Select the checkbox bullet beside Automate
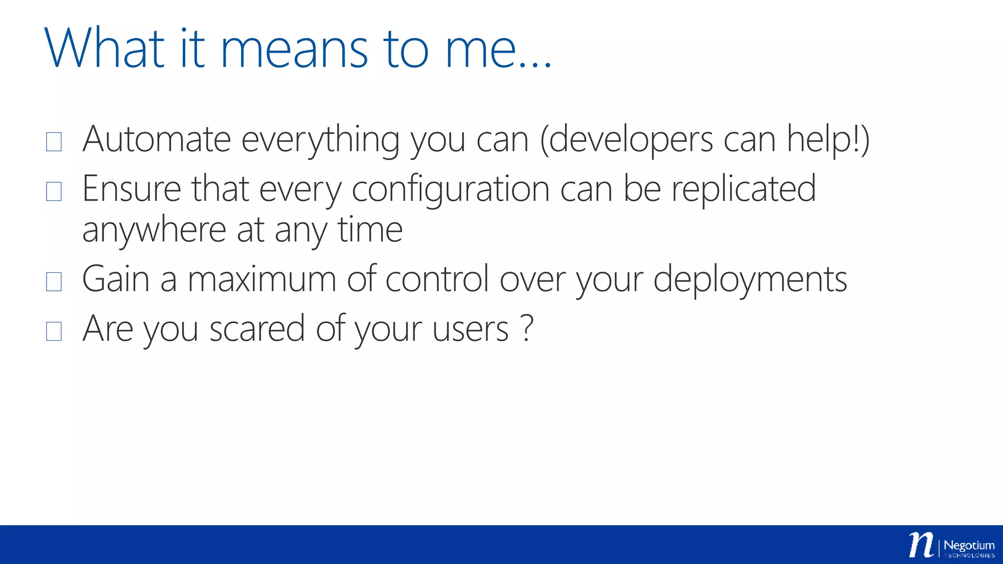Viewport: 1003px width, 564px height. pyautogui.click(x=54, y=141)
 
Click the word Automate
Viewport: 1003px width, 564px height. pyautogui.click(x=156, y=140)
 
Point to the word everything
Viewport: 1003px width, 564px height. pyautogui.click(x=320, y=141)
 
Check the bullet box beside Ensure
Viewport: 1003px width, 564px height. pyautogui.click(x=54, y=191)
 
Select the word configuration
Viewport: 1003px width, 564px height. pyautogui.click(x=451, y=190)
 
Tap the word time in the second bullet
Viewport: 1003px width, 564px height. pyautogui.click(x=370, y=230)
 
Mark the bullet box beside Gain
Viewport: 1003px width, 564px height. pyautogui.click(x=54, y=282)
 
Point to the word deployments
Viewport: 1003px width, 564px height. pyautogui.click(x=750, y=280)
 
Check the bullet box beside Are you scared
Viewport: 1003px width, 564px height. pyautogui.click(x=54, y=331)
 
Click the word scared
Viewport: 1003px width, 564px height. pyautogui.click(x=257, y=329)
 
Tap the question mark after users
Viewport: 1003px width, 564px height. pyautogui.click(x=526, y=328)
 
